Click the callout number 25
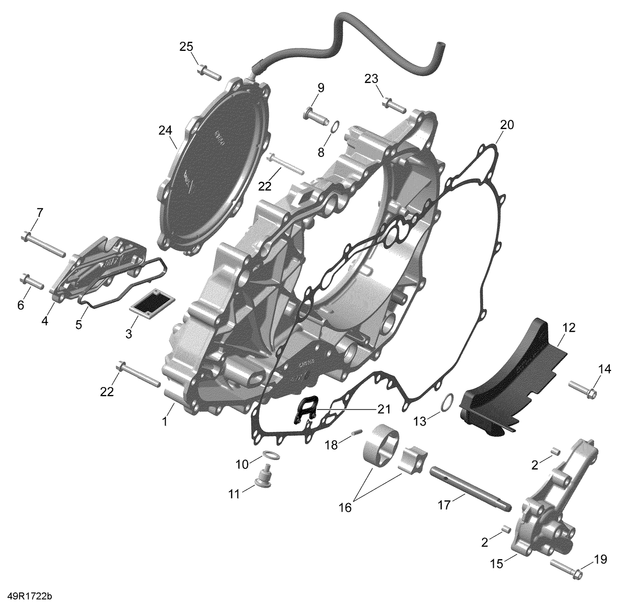point(186,47)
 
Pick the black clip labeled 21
point(307,410)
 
